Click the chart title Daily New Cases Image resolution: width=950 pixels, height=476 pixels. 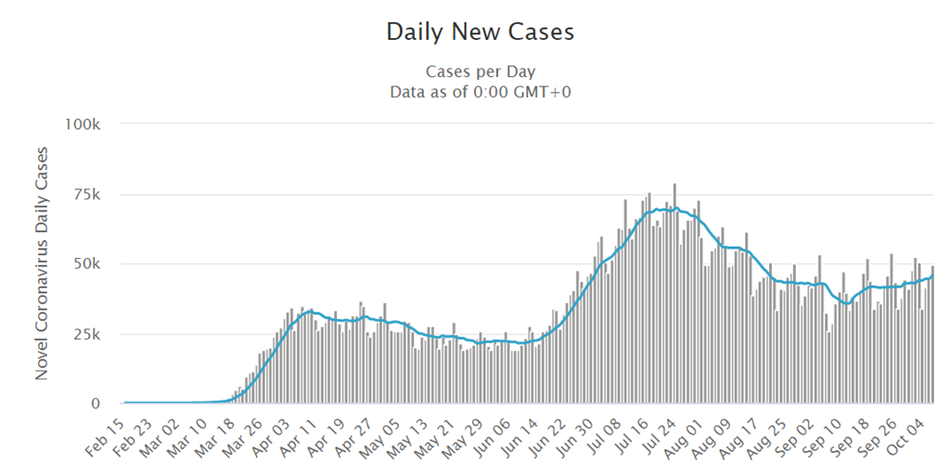coord(480,32)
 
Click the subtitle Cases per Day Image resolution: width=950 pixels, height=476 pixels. coord(480,71)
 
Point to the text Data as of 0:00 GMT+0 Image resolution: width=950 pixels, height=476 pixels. coord(480,91)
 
